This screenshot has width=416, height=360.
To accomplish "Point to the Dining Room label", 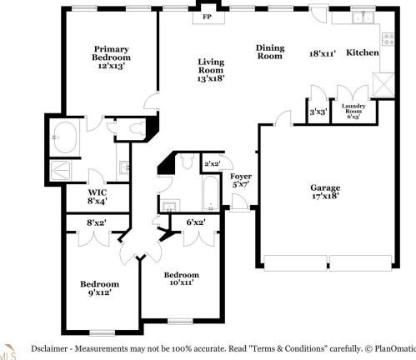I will click(x=269, y=52).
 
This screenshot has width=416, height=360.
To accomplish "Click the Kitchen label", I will click(x=362, y=52).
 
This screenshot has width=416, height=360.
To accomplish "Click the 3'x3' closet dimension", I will click(x=318, y=110).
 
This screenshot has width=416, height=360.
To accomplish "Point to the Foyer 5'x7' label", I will click(x=241, y=181).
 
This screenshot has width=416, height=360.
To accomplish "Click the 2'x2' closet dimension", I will click(x=212, y=163).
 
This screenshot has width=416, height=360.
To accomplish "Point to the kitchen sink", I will click(x=360, y=18).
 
